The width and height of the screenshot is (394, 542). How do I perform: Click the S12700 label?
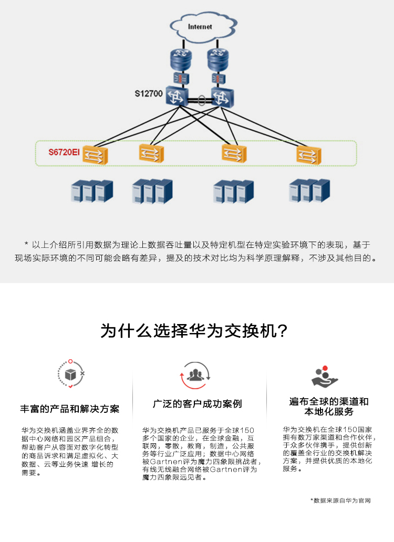[x=149, y=93]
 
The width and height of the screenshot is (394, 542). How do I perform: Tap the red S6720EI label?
[x=64, y=152]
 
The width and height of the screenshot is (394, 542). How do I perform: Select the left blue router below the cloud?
[x=181, y=59]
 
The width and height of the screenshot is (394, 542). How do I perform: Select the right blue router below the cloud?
[x=218, y=59]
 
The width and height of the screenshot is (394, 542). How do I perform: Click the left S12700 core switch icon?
[x=177, y=96]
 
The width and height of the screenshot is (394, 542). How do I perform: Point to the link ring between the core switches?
[x=201, y=101]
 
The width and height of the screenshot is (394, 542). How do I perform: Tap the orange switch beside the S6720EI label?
[x=95, y=154]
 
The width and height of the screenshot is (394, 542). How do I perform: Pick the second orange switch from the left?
[x=151, y=153]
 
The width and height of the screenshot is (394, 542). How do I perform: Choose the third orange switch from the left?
[x=234, y=153]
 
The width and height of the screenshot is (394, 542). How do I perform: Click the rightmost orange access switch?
[x=309, y=154]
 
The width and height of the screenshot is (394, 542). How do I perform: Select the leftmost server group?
[x=92, y=191]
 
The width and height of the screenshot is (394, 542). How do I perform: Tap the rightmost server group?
[x=309, y=191]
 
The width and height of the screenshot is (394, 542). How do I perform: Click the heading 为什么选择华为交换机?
[x=194, y=331]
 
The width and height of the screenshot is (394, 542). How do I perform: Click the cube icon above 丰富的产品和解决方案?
[x=71, y=374]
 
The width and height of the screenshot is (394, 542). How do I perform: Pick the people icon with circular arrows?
[x=195, y=376]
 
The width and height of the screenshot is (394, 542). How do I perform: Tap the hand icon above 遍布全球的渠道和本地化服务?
[x=325, y=377]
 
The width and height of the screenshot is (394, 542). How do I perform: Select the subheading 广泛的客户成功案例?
[x=198, y=404]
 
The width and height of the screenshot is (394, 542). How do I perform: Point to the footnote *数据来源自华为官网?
[x=340, y=501]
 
